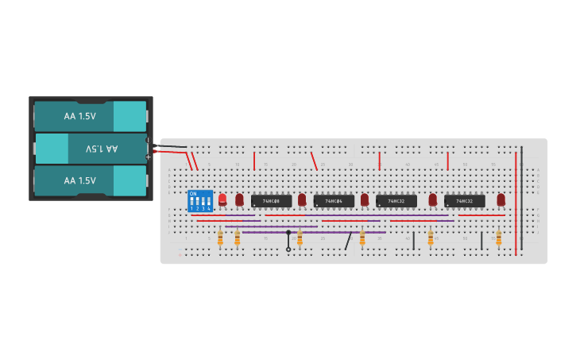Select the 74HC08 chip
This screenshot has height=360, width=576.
coord(271,201)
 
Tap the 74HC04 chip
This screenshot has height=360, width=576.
coord(334,201)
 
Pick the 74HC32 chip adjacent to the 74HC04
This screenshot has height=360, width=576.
coord(396,201)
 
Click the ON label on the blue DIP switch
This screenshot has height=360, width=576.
coord(193,193)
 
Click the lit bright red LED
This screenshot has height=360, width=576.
coord(222,199)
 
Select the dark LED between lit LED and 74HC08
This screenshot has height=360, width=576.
coord(239,199)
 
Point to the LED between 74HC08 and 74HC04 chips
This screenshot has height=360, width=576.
coord(302,199)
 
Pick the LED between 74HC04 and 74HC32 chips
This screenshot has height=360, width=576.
coord(365,199)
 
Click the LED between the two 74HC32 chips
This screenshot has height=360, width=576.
coord(432,199)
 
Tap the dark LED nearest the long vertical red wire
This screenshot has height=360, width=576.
coord(501,199)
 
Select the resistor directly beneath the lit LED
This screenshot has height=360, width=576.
coord(220,237)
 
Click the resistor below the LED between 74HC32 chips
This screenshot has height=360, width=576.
coord(431,237)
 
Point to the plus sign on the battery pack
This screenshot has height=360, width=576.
coord(148,157)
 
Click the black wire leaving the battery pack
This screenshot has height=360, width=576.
coord(171,146)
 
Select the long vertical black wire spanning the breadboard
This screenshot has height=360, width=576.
coord(522,199)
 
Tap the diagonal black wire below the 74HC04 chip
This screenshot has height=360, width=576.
coord(348,241)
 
